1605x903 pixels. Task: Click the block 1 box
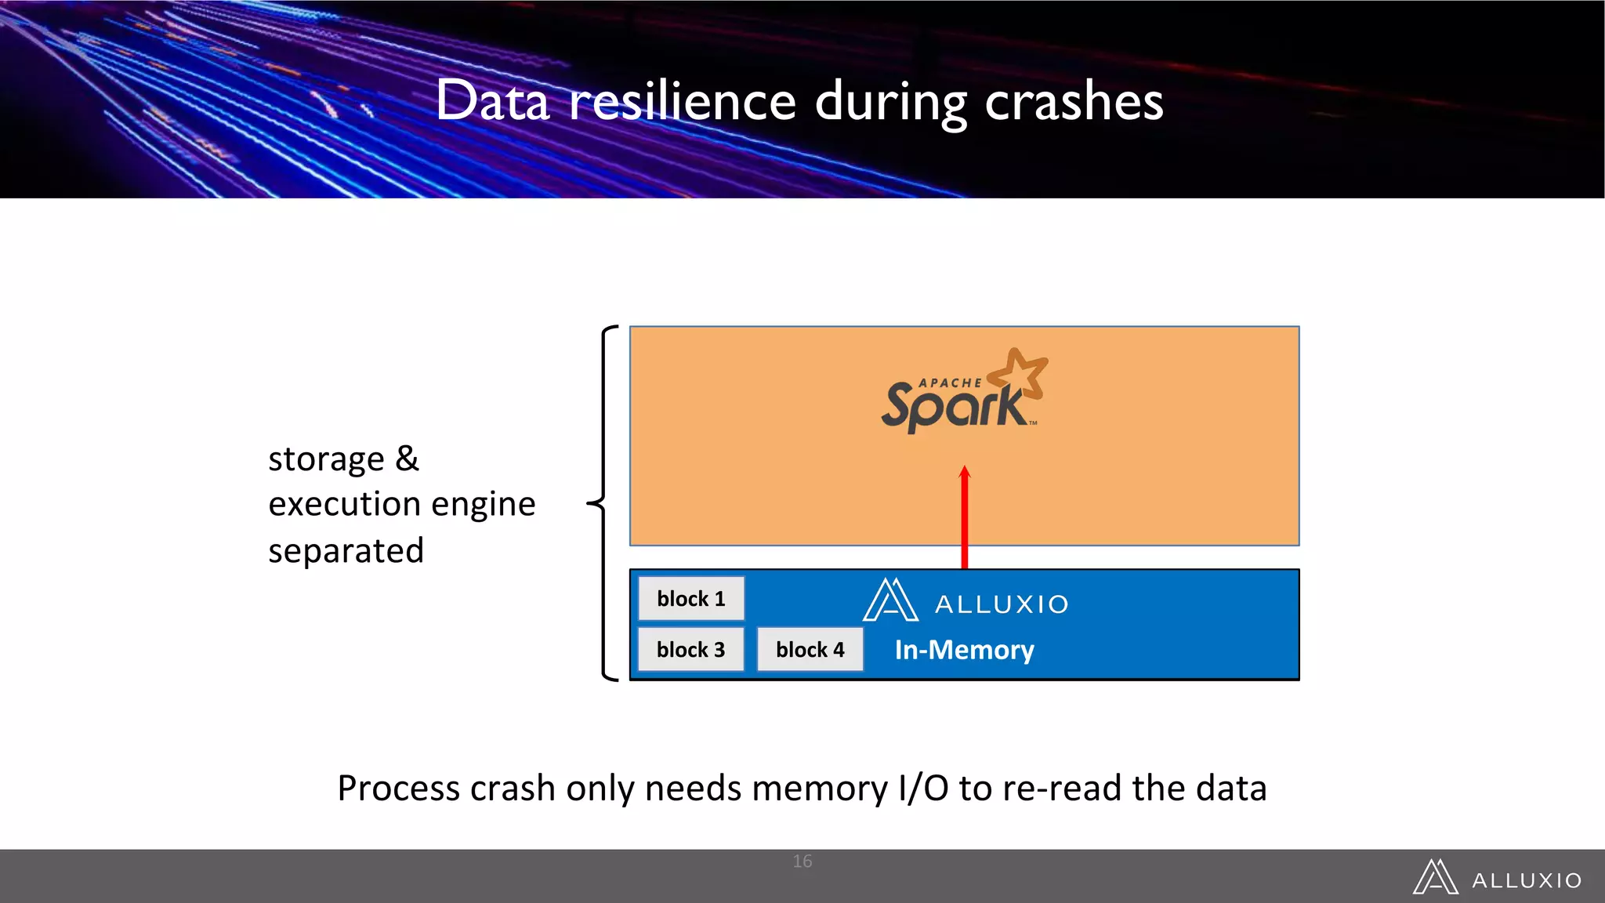pos(690,599)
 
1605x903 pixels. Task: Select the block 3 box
pos(690,650)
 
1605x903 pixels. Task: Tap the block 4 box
pos(810,650)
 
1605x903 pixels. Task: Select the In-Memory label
pos(964,650)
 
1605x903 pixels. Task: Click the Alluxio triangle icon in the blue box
pos(890,601)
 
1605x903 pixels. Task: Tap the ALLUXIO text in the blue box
pos(1002,604)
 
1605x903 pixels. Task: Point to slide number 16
pos(802,861)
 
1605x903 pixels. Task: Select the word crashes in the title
pos(1074,102)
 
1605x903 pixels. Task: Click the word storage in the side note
pos(326,460)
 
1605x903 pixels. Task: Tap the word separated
pos(346,551)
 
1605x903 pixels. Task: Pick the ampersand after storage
pos(407,459)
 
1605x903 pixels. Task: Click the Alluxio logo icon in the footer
pos(1435,877)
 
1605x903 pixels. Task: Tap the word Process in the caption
pos(398,789)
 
